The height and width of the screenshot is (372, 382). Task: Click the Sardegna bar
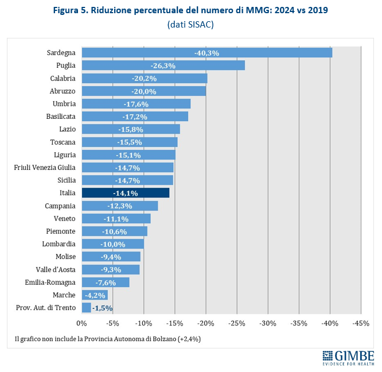click(x=206, y=53)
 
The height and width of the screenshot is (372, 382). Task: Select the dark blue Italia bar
click(x=126, y=193)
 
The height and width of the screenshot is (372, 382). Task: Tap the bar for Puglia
click(x=163, y=65)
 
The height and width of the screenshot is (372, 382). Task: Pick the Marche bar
click(x=95, y=295)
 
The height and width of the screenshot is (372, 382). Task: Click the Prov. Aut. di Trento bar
click(x=87, y=308)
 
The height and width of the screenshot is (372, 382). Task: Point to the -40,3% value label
click(x=206, y=53)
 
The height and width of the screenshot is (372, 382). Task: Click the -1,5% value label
click(x=102, y=308)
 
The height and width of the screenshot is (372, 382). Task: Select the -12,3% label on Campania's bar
click(x=120, y=206)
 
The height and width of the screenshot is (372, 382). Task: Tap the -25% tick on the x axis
click(x=237, y=323)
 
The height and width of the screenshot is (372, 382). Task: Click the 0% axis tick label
click(x=82, y=323)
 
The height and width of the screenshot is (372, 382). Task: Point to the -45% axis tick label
click(x=361, y=323)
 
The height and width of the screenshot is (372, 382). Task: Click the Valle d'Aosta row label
click(x=56, y=269)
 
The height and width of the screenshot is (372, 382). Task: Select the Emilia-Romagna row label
click(x=50, y=282)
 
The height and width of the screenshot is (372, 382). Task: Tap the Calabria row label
click(x=63, y=78)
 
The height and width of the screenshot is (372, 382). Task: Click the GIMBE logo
click(x=348, y=357)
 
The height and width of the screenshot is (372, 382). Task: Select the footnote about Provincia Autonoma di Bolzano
click(x=107, y=339)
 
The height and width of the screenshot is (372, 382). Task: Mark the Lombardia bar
click(x=113, y=244)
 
